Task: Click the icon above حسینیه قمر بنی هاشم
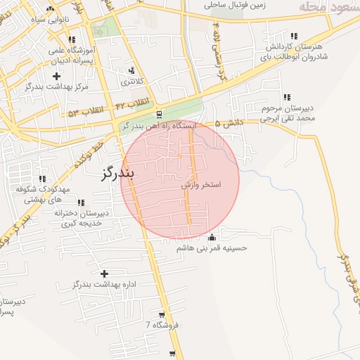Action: click(212, 236)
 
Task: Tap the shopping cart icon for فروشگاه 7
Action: click(162, 314)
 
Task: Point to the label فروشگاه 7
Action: click(162, 325)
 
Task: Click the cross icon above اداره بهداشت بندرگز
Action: click(105, 274)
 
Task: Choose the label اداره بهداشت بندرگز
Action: click(103, 285)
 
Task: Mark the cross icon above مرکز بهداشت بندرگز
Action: click(56, 75)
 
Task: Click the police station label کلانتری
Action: click(131, 82)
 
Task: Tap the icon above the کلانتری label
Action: click(131, 70)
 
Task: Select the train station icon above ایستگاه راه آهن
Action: click(160, 114)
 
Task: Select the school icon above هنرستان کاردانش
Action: click(293, 36)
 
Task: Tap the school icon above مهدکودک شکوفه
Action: click(43, 179)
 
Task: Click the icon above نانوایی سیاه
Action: click(49, 9)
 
